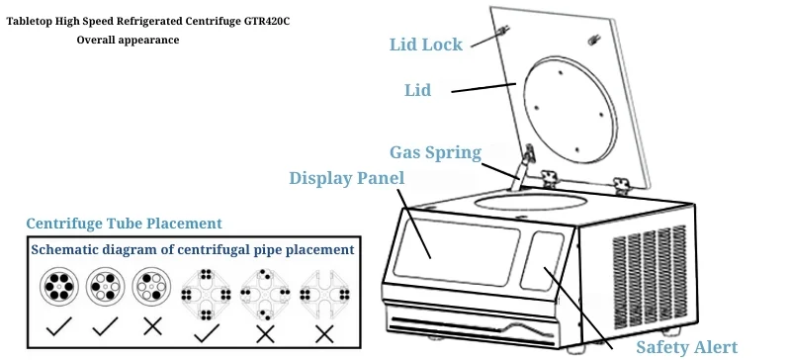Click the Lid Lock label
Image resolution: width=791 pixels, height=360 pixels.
pos(426,45)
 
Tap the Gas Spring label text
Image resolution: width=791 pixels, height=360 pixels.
pos(435,152)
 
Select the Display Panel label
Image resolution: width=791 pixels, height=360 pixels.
pos(347,178)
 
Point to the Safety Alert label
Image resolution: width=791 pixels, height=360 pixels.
pos(686,347)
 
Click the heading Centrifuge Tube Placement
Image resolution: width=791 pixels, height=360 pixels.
pos(125,224)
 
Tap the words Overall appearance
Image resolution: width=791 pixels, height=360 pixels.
pos(128,40)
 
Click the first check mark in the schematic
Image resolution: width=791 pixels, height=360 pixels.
pos(58,326)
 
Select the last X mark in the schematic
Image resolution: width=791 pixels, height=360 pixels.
pos(324,333)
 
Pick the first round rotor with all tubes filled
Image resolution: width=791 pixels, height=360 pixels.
pos(59,286)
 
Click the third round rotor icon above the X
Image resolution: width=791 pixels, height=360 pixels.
pos(152,286)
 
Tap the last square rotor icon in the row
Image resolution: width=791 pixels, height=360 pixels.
pos(324,294)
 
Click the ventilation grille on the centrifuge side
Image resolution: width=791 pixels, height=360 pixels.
pos(650,270)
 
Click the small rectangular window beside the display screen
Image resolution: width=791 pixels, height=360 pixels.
pos(542,261)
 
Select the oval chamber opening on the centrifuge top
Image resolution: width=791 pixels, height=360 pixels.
pos(531,202)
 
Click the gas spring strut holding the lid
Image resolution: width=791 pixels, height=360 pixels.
pos(521,169)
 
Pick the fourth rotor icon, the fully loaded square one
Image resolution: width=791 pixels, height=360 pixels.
pos(206,295)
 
